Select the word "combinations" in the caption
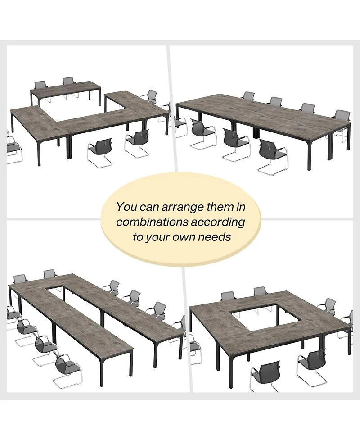151,222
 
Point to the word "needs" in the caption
217,237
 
